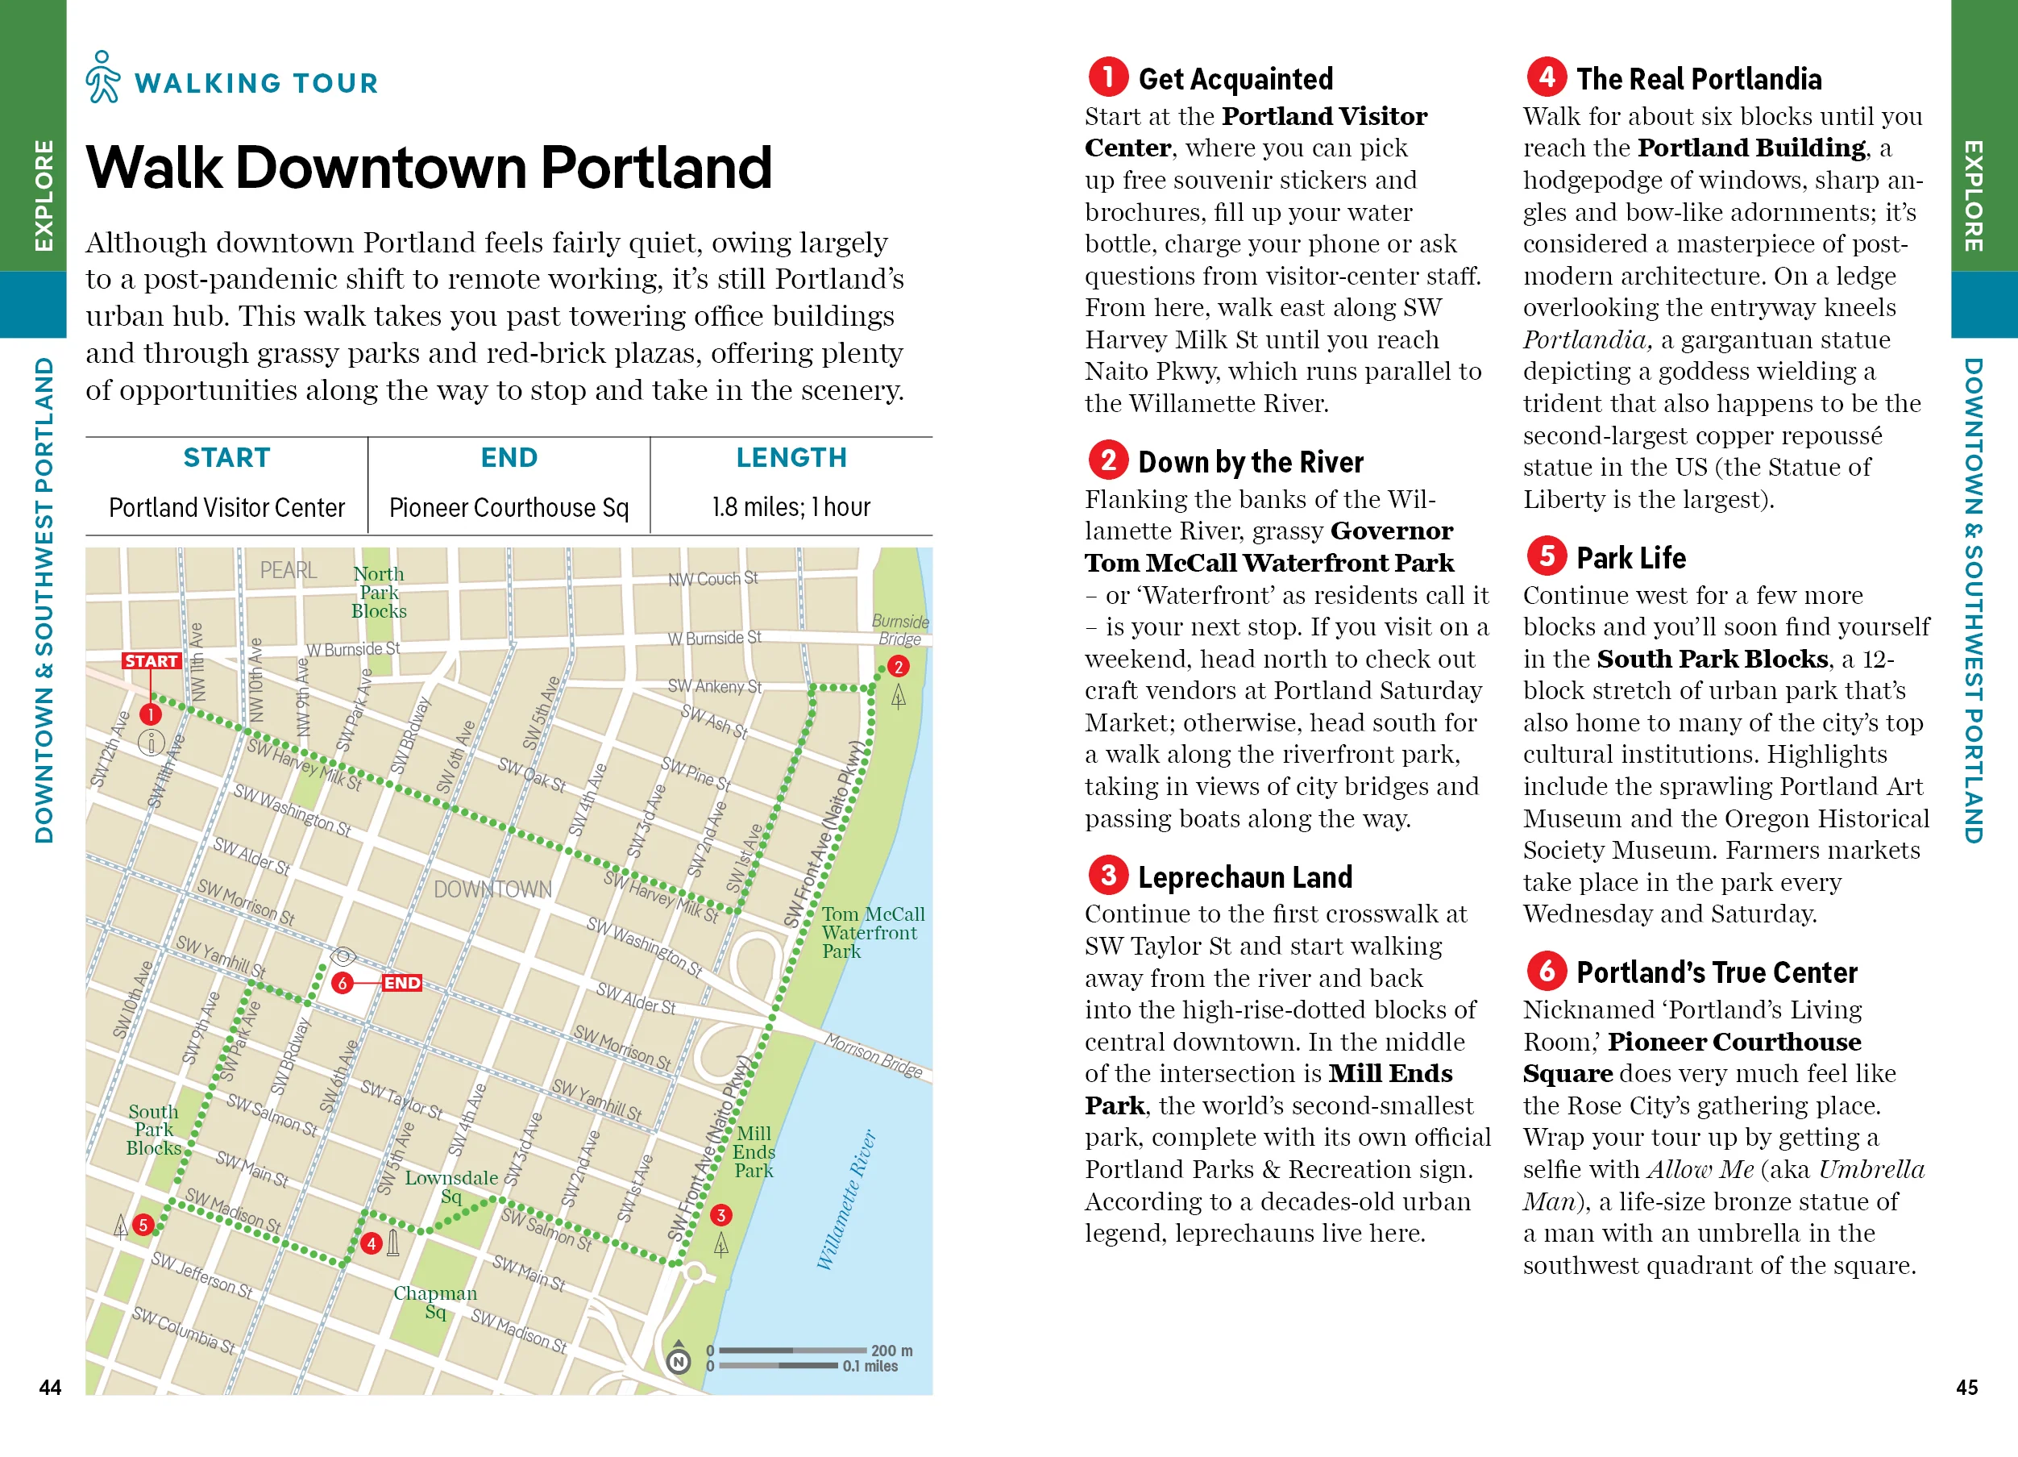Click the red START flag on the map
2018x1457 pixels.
click(x=152, y=660)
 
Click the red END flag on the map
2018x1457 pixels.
click(x=401, y=983)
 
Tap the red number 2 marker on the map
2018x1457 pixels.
click(x=898, y=667)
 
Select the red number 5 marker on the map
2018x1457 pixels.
click(x=143, y=1225)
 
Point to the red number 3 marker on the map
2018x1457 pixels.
click(x=720, y=1215)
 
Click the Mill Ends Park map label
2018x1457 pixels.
click(x=754, y=1151)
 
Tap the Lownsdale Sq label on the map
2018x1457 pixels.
click(x=451, y=1186)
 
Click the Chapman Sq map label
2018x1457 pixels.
click(x=435, y=1301)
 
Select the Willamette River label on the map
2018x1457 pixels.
click(x=846, y=1200)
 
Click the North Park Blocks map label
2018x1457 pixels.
click(x=378, y=592)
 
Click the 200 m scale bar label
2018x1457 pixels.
click(x=891, y=1351)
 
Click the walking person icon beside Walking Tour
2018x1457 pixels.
click(x=103, y=77)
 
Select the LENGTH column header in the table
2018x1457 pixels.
click(x=791, y=457)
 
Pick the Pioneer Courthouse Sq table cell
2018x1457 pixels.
click(x=509, y=507)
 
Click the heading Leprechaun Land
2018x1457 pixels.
click(x=1245, y=876)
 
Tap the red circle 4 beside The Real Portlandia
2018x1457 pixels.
click(x=1547, y=77)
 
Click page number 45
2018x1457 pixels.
click(x=1966, y=1387)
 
